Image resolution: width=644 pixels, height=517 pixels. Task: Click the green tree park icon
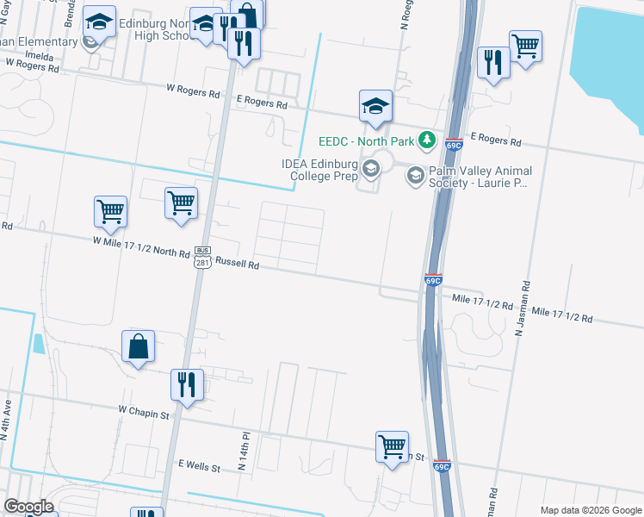click(426, 140)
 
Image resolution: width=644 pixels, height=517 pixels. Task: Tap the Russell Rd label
click(237, 265)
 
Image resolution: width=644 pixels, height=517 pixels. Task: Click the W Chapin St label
click(144, 414)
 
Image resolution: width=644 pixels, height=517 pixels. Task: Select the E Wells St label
click(200, 465)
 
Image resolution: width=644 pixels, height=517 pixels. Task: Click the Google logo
click(28, 507)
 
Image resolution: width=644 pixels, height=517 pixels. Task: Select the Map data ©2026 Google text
click(590, 509)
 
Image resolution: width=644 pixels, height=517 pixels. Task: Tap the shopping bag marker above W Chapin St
click(138, 348)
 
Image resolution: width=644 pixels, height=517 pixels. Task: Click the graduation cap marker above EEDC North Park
click(375, 107)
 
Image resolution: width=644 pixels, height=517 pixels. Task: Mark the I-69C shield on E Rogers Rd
click(455, 142)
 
